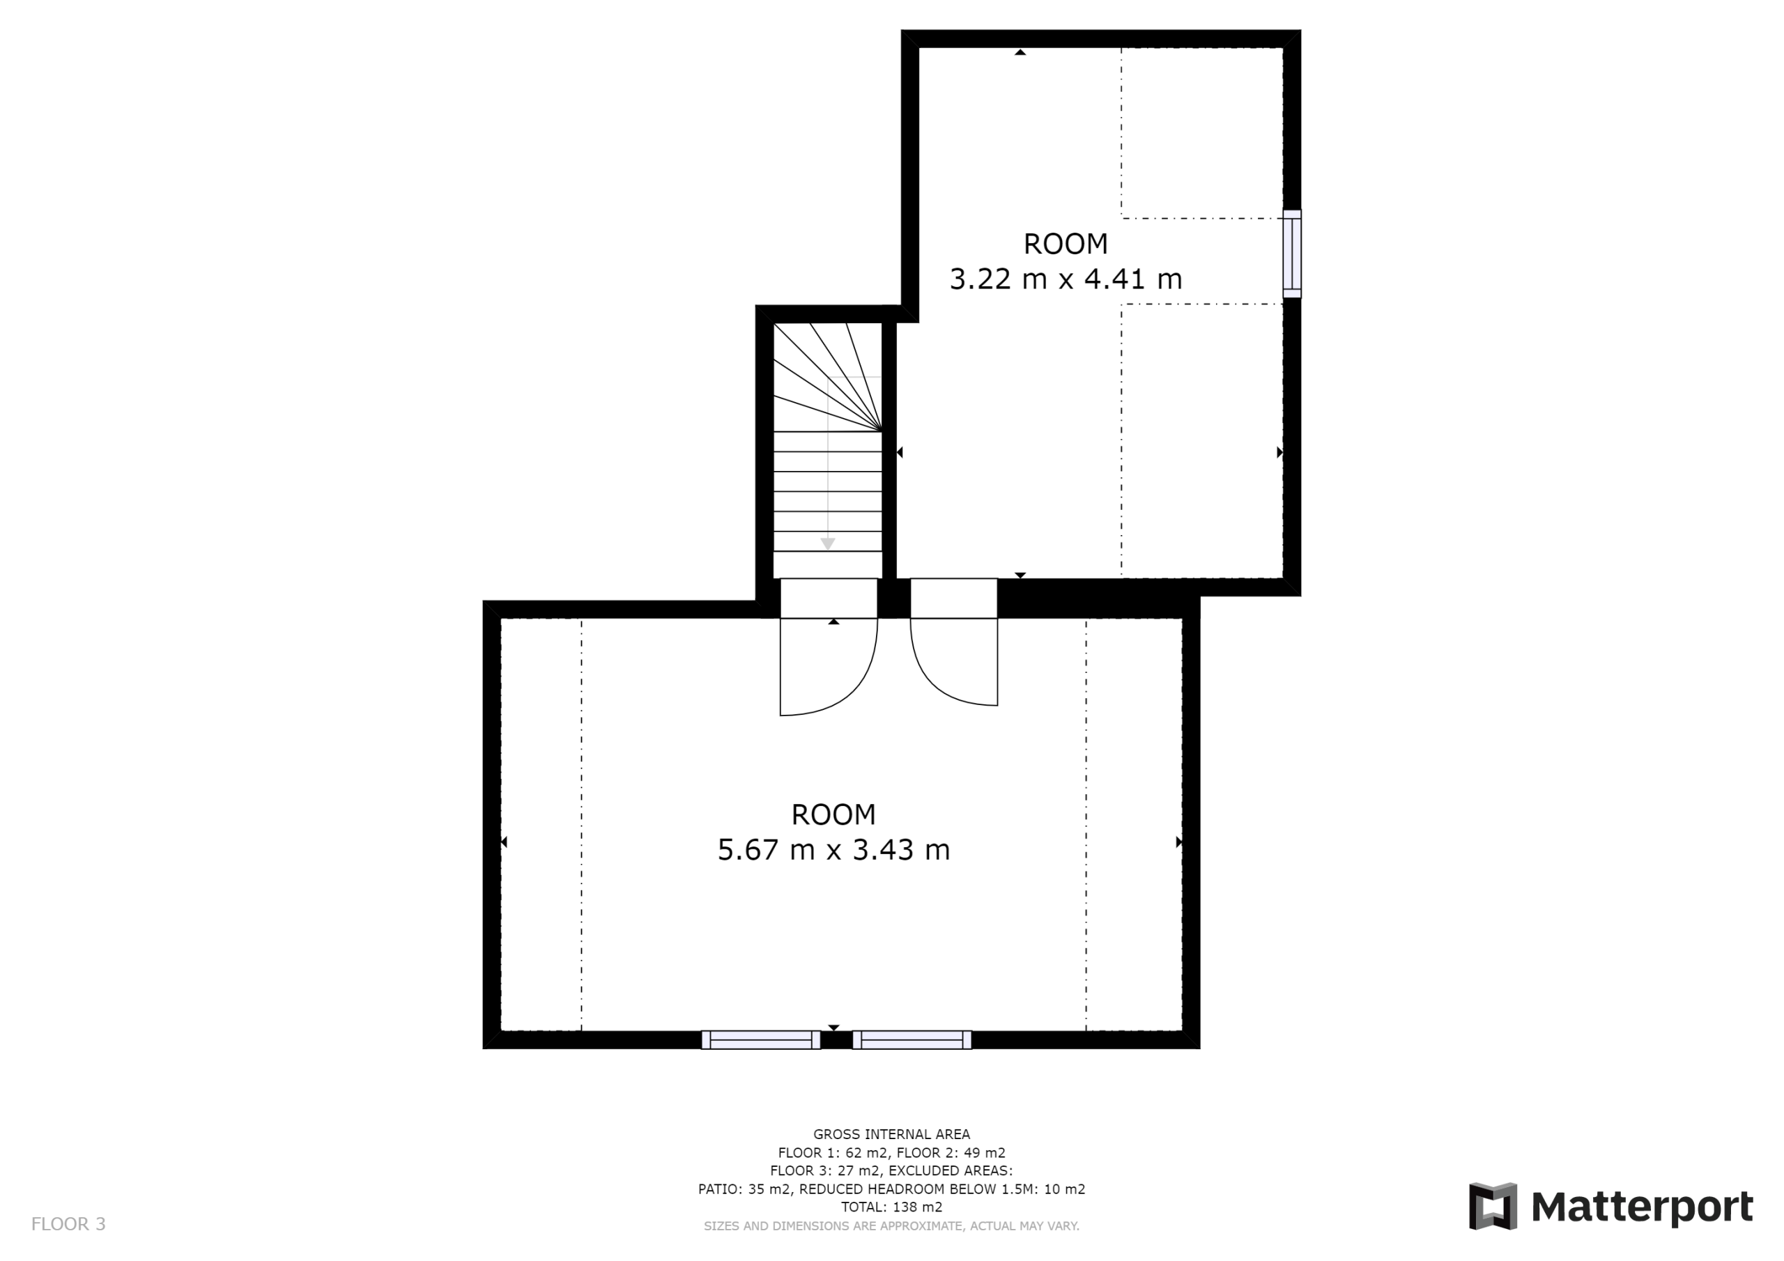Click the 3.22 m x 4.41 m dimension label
pos(1066,278)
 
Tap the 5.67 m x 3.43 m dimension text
pos(833,849)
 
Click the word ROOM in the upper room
pos(1066,244)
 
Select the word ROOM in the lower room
pos(833,814)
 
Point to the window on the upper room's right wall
pos(1291,254)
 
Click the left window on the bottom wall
pos(761,1039)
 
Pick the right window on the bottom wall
pos(912,1039)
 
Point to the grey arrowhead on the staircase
pos(829,544)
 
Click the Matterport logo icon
pos(1493,1207)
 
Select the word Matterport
pos(1642,1207)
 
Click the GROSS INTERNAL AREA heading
pos(891,1134)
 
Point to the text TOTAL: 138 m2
pos(891,1207)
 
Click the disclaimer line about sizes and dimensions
pos(891,1226)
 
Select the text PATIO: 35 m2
pos(744,1189)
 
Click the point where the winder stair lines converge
pos(881,431)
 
